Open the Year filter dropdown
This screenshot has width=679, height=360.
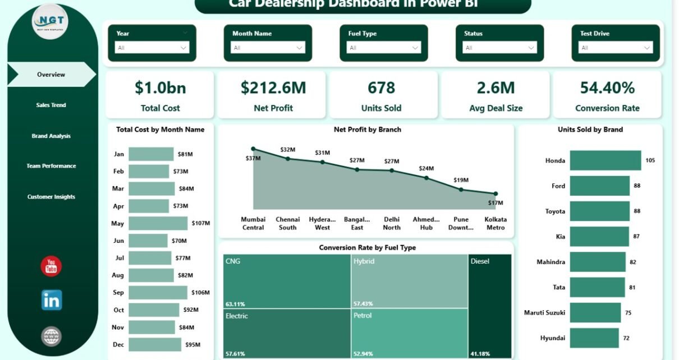(x=152, y=48)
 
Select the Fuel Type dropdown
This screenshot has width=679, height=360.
(x=384, y=48)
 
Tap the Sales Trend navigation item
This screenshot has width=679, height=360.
(x=51, y=105)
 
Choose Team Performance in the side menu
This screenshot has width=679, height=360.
(x=51, y=166)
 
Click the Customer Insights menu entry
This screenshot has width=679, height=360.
(x=51, y=197)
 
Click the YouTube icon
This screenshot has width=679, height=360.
(x=51, y=266)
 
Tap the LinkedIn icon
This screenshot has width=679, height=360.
(x=52, y=301)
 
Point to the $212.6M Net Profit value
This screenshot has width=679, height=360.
(x=273, y=88)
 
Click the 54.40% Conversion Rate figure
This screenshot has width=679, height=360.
(x=607, y=88)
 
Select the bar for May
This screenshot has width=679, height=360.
(x=158, y=223)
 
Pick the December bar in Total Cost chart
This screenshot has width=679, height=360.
(x=155, y=344)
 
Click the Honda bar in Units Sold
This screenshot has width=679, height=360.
(x=605, y=160)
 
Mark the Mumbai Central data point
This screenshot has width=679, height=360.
(x=254, y=149)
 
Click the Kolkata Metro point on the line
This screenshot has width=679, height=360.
(x=496, y=193)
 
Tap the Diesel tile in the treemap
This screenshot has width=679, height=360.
(x=490, y=306)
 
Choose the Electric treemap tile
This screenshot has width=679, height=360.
(x=287, y=333)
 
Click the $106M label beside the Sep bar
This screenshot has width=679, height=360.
(x=200, y=293)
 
